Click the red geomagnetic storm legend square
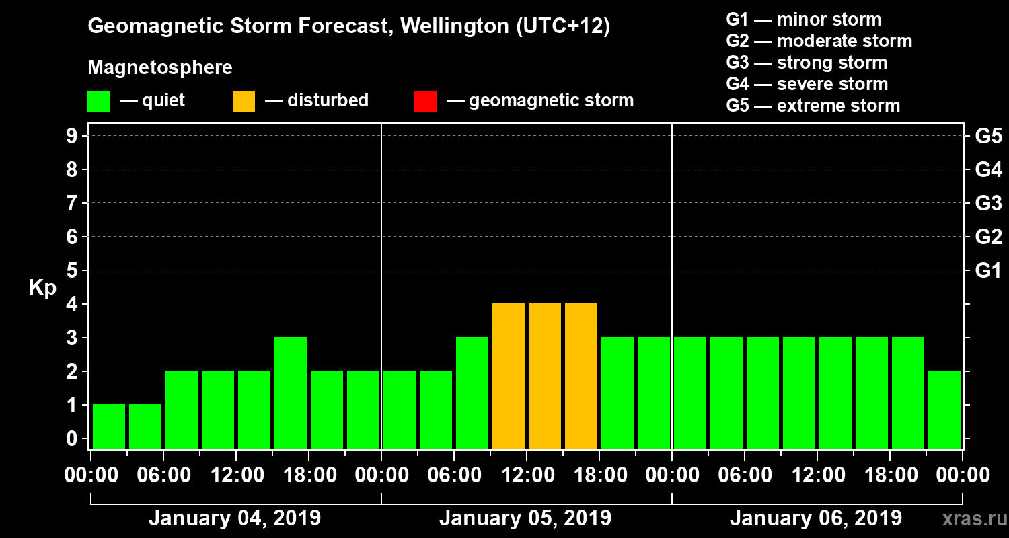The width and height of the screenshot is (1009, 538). [425, 102]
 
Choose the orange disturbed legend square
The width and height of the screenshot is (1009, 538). [244, 102]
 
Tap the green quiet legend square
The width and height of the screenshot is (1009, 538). [98, 102]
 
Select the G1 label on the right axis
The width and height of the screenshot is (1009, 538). [988, 271]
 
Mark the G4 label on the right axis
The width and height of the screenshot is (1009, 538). [988, 169]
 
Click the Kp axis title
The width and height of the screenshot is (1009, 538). [42, 288]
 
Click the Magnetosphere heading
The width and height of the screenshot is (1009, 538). [160, 68]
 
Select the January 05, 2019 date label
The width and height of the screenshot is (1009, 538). [525, 518]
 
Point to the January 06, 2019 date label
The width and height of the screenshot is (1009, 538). [816, 518]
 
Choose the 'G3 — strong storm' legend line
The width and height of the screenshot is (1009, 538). [807, 63]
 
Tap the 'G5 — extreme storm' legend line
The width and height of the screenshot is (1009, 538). [813, 106]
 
